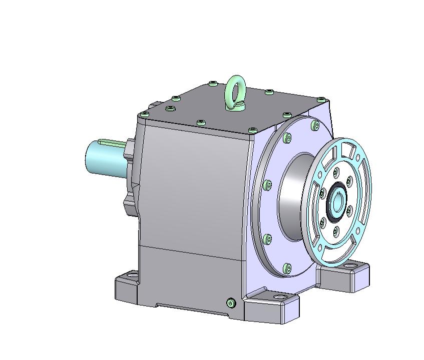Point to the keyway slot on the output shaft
click(x=113, y=143)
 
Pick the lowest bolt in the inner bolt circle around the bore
click(x=335, y=230)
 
